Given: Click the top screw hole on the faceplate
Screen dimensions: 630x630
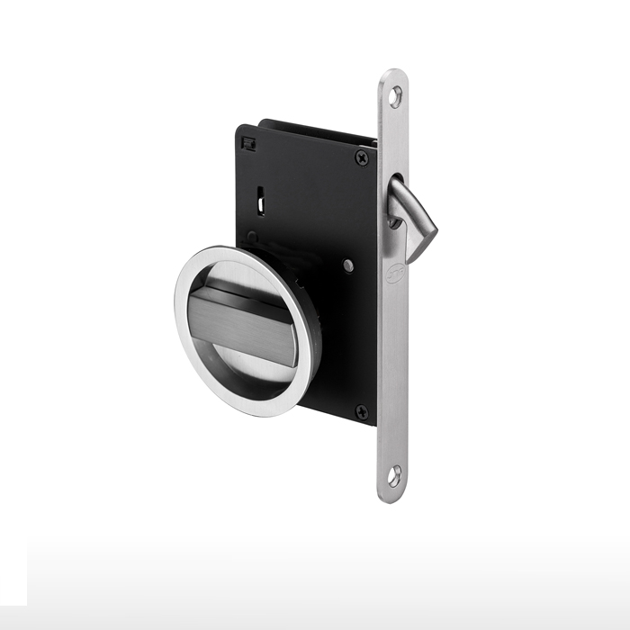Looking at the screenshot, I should (393, 93).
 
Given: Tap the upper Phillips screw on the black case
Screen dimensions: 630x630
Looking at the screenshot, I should (362, 158).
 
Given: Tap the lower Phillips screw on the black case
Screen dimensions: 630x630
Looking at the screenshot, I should (362, 412).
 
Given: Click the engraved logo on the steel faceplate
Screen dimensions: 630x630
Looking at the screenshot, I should (393, 275).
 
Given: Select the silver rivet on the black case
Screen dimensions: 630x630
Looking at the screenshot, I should (347, 265).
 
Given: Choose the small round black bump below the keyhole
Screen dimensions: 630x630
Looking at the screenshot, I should (256, 239).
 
